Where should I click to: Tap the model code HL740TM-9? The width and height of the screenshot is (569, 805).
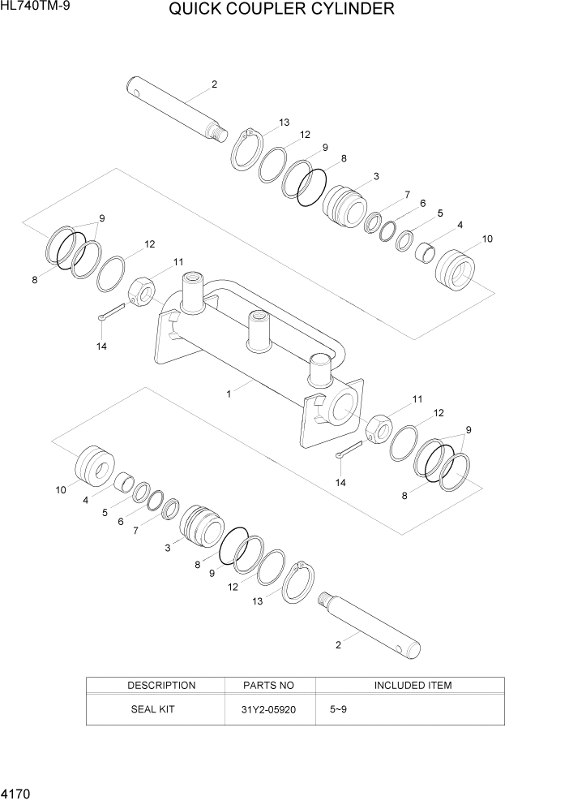pyautogui.click(x=39, y=7)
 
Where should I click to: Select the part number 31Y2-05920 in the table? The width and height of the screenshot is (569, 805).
pyautogui.click(x=269, y=709)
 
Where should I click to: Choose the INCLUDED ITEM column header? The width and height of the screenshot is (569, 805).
pyautogui.click(x=413, y=686)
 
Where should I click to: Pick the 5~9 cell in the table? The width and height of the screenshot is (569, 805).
pyautogui.click(x=338, y=709)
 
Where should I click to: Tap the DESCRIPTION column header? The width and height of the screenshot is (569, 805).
pyautogui.click(x=161, y=686)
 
